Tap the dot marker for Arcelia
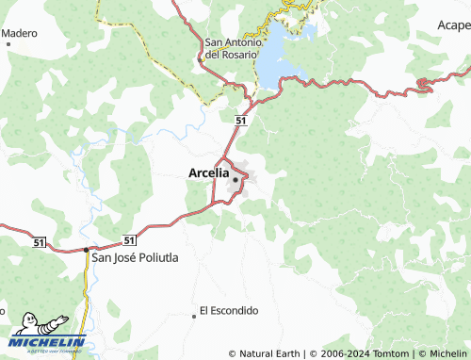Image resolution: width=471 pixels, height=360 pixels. [235, 180]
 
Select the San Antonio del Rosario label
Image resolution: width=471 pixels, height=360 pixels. [231, 48]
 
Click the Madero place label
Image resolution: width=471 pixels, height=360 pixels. [19, 33]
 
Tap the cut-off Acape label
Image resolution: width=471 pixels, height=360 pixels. [449, 25]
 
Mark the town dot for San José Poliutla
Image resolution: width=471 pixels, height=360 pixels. [86, 250]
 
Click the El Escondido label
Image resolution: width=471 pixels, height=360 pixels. [229, 310]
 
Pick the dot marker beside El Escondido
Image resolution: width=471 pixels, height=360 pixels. [195, 316]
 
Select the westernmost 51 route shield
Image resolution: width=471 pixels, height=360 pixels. [39, 242]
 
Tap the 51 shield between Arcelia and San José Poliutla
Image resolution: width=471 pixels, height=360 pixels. [130, 239]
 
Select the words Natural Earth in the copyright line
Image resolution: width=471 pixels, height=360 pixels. [269, 353]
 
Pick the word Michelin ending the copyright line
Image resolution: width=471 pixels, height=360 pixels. [447, 353]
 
